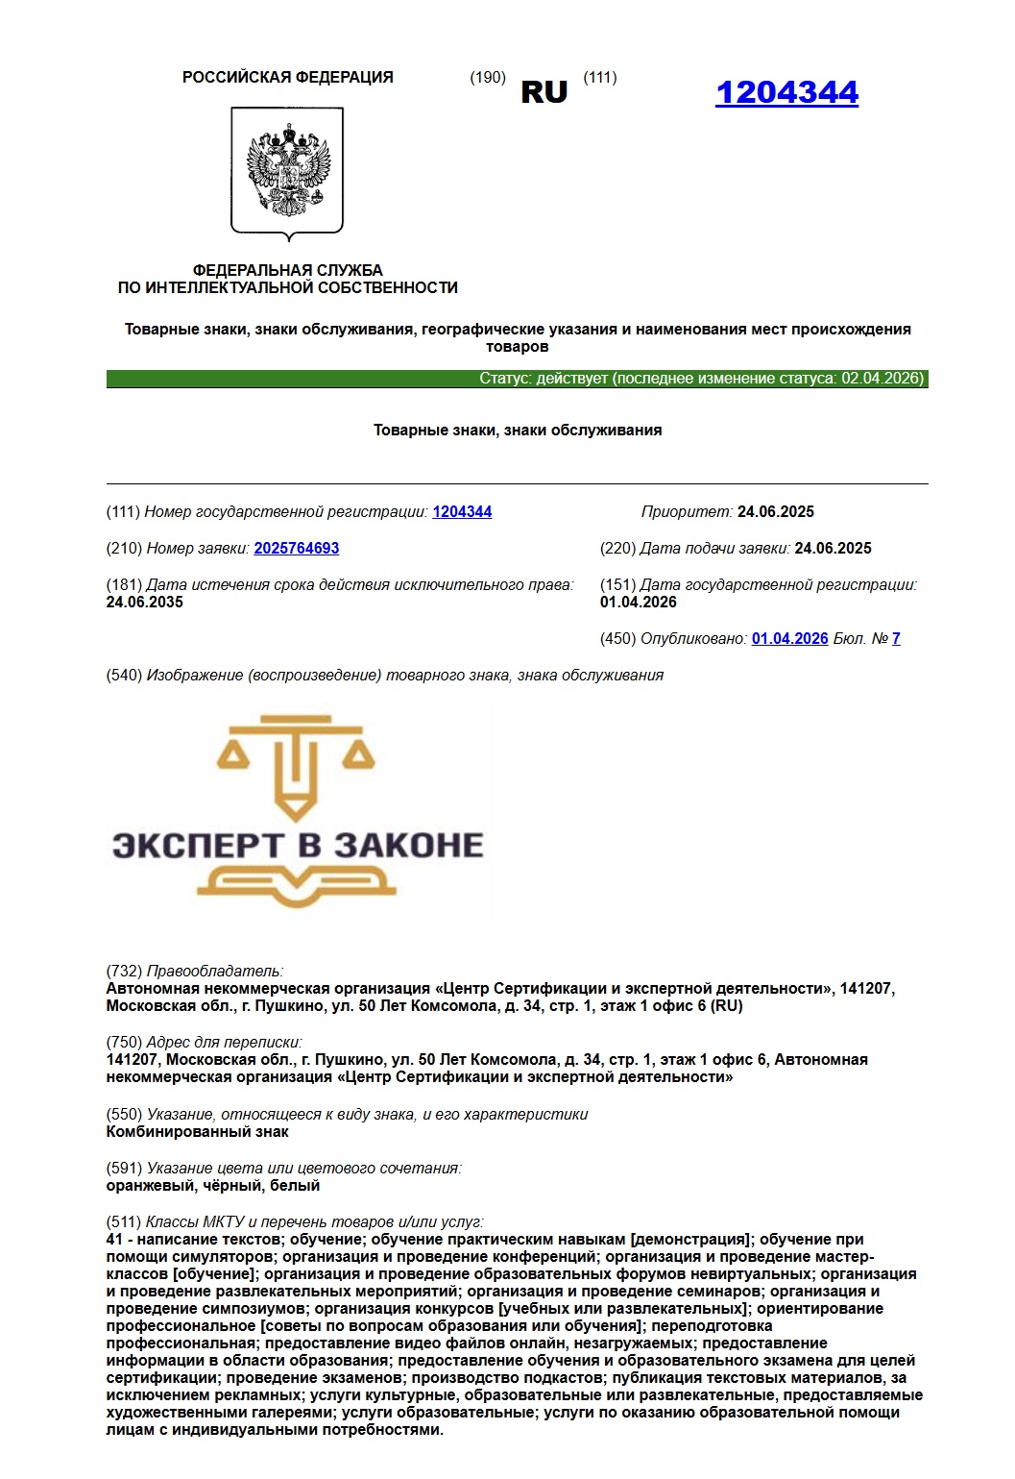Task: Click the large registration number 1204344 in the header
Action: click(x=786, y=92)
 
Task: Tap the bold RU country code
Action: click(x=544, y=92)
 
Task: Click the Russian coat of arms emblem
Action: click(x=287, y=171)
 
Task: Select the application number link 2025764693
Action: click(x=296, y=549)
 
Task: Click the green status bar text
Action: click(x=701, y=379)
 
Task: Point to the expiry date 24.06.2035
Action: click(x=144, y=603)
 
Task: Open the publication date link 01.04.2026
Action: click(x=789, y=639)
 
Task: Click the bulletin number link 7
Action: click(x=896, y=639)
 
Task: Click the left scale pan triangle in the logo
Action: click(x=234, y=756)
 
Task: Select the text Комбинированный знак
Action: click(x=197, y=1132)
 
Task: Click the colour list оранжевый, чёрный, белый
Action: click(x=213, y=1186)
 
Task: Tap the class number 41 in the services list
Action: click(x=114, y=1240)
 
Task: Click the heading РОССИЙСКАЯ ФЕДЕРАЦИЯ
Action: click(x=287, y=78)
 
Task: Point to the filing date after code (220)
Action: click(x=833, y=549)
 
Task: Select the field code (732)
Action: click(x=124, y=972)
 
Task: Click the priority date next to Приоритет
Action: click(x=775, y=512)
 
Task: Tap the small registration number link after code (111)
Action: click(x=462, y=512)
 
